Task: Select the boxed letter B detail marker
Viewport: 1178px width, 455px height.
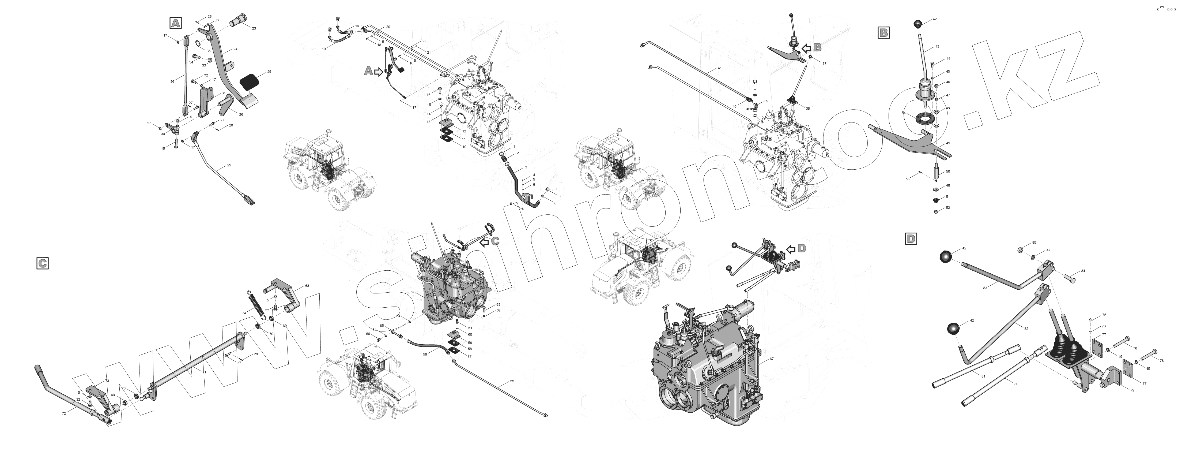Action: pos(883,32)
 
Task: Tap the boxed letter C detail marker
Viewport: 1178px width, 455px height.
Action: pos(42,263)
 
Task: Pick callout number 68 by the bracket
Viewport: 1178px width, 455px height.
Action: pos(307,286)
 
